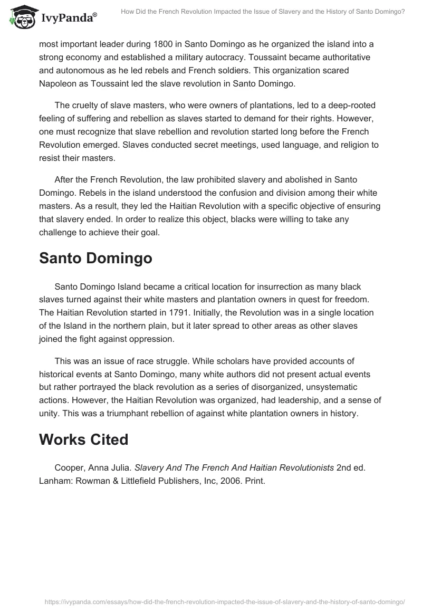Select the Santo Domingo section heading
pos(95,258)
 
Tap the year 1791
pos(193,312)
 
